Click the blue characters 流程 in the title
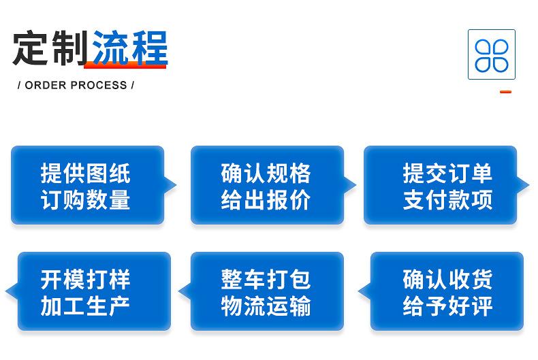(x=130, y=48)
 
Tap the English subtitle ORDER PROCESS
(x=76, y=85)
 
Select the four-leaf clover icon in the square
(x=491, y=55)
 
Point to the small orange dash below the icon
(x=505, y=92)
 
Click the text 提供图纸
(x=85, y=173)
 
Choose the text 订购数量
(x=85, y=199)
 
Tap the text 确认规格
(x=266, y=173)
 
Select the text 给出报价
(x=266, y=199)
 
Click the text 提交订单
(x=447, y=173)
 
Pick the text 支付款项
(x=447, y=199)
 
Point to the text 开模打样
(x=85, y=280)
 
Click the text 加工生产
(x=85, y=306)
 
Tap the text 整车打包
(x=266, y=280)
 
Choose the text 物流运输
(x=266, y=306)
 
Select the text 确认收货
(x=447, y=280)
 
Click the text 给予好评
(x=447, y=306)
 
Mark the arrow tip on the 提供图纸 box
(x=176, y=185)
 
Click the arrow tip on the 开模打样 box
(x=6, y=291)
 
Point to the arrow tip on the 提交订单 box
(x=529, y=185)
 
